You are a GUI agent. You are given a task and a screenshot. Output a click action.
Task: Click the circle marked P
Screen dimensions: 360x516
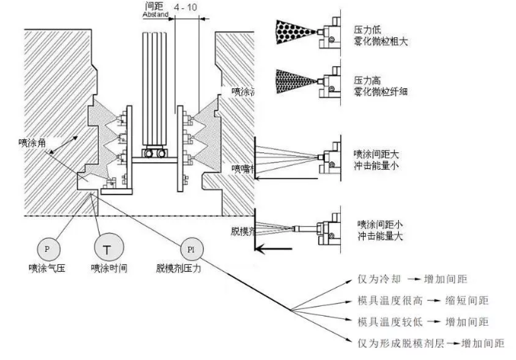pos(47,248)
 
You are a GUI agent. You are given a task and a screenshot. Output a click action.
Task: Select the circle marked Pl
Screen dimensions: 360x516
pos(190,249)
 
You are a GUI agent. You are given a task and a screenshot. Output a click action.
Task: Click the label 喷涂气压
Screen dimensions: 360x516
pos(47,268)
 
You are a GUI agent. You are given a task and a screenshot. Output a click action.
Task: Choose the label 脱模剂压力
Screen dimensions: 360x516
pos(181,268)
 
